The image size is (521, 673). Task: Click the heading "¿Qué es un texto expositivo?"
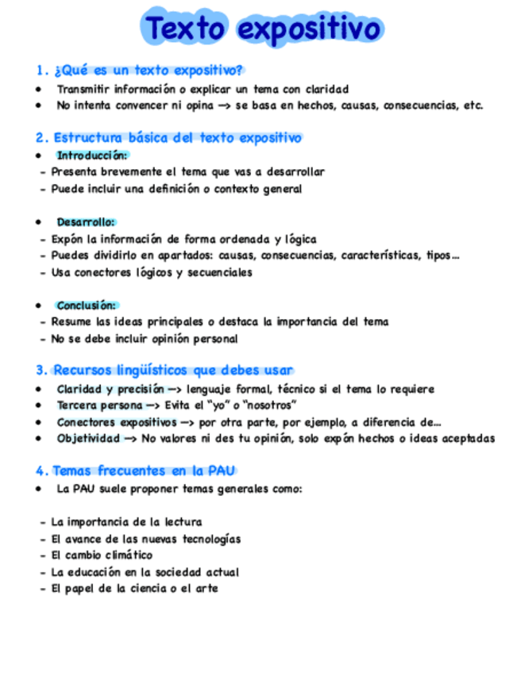coord(148,70)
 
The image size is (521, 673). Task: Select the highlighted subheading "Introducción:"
coord(92,155)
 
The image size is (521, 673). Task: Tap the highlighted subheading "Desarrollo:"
coord(86,222)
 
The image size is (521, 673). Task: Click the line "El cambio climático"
coord(102,556)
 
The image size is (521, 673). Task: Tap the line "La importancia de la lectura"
coord(126,522)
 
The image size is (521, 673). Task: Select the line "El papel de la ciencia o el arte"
coord(134,589)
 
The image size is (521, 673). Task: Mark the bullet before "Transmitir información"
coord(38,89)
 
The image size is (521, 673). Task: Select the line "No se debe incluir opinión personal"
coord(145,339)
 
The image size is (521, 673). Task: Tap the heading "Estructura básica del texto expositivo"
coord(177,138)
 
